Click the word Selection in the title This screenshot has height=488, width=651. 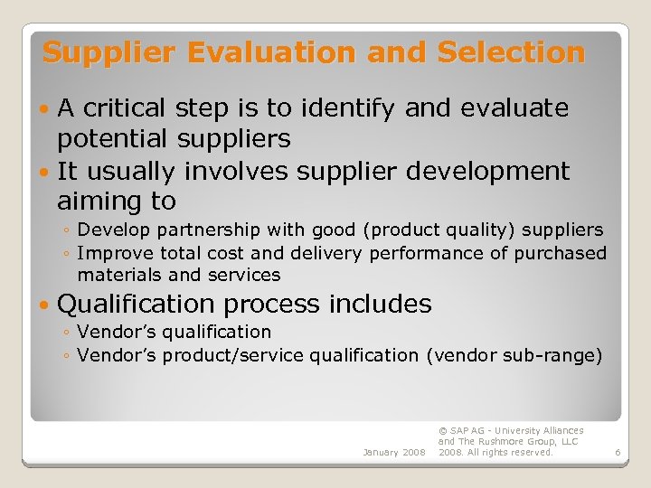pos(511,53)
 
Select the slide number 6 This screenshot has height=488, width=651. pos(617,452)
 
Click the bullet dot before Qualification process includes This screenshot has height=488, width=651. pos(46,305)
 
